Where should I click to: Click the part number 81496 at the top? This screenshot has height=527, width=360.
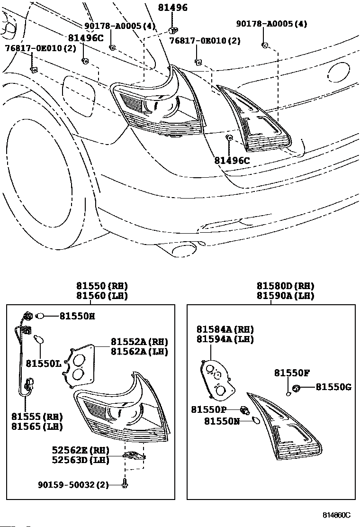(172, 8)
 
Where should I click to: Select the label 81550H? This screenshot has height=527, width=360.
(77, 316)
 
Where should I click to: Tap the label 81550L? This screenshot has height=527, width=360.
(44, 363)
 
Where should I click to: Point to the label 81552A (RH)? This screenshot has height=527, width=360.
(139, 342)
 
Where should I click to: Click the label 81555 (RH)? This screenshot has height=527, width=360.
(37, 417)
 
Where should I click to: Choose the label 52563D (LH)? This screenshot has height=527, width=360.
(81, 460)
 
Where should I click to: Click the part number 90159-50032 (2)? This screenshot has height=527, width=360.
(73, 485)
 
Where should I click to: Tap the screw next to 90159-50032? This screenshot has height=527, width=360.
(125, 484)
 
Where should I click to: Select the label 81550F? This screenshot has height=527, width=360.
(292, 373)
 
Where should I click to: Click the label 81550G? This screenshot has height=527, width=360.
(333, 388)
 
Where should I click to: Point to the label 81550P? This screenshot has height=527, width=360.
(208, 409)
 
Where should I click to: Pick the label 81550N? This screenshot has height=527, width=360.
(222, 421)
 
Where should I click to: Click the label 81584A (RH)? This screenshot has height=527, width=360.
(225, 329)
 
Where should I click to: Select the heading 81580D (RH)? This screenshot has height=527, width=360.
(286, 286)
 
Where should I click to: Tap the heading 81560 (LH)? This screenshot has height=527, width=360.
(102, 296)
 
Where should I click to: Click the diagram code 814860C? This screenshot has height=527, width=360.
(336, 515)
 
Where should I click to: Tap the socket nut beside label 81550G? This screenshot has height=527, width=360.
(296, 388)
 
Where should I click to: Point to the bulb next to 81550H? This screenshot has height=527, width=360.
(40, 316)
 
